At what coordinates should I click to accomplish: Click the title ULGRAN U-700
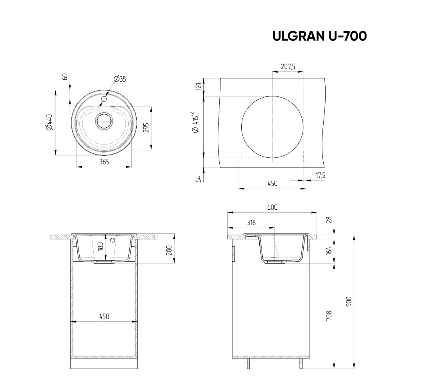(320, 36)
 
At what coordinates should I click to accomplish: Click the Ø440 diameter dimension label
(50, 122)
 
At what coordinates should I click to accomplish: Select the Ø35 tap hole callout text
(120, 79)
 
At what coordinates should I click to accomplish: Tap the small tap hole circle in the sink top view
(105, 99)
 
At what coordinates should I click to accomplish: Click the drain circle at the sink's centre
(104, 121)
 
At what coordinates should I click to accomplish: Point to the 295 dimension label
(146, 128)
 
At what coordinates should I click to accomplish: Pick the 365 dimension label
(104, 162)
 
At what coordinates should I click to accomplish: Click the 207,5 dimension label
(288, 66)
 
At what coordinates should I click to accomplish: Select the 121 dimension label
(199, 86)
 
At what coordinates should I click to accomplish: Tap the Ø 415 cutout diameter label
(195, 122)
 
